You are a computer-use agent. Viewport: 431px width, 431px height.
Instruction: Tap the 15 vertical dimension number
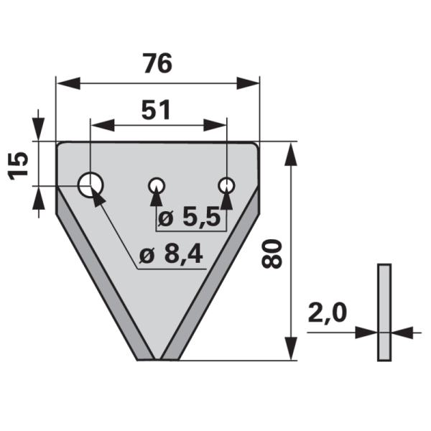pos(22,165)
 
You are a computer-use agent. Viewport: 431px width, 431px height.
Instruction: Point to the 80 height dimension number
pos(272,253)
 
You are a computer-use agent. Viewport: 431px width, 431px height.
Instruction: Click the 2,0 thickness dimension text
pos(328,313)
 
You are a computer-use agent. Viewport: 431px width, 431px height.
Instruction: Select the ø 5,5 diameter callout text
pos(189,218)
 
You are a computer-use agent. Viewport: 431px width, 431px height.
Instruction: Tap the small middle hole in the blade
pos(156,186)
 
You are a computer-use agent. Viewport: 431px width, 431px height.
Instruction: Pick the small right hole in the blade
pos(226,185)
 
